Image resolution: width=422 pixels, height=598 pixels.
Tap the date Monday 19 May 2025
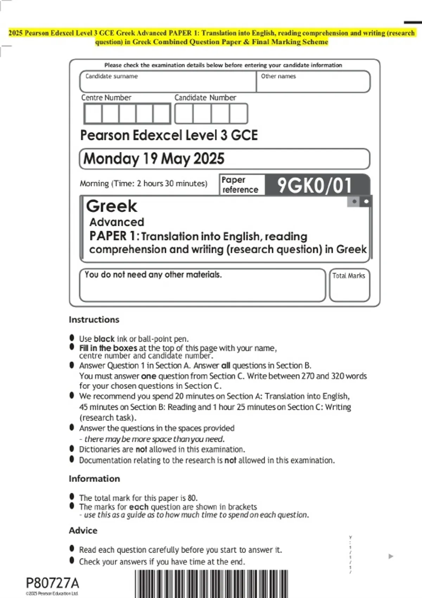tap(154, 159)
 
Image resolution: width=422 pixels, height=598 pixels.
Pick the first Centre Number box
tap(93, 114)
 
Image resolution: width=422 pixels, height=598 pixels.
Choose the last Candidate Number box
tap(238, 114)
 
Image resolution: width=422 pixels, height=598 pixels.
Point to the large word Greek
tap(111, 206)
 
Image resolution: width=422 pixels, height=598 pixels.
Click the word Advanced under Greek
tap(117, 222)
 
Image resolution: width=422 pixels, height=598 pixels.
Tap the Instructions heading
tap(94, 320)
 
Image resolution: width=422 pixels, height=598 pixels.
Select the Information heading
tap(94, 479)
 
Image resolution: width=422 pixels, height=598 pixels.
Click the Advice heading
tap(83, 530)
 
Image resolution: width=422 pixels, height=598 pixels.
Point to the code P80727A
tap(52, 583)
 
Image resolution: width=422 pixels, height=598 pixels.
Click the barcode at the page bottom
tap(211, 584)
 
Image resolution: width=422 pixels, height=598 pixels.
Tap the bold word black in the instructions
tap(104, 339)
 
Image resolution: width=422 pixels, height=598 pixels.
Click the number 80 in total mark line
tap(192, 498)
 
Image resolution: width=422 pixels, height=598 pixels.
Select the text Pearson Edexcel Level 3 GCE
tap(169, 135)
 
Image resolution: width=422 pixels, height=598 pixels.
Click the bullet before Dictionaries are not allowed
tap(72, 449)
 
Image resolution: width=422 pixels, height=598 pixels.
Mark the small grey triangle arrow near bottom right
tap(391, 556)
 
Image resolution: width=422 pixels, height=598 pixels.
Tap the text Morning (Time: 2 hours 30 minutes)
tap(143, 184)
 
